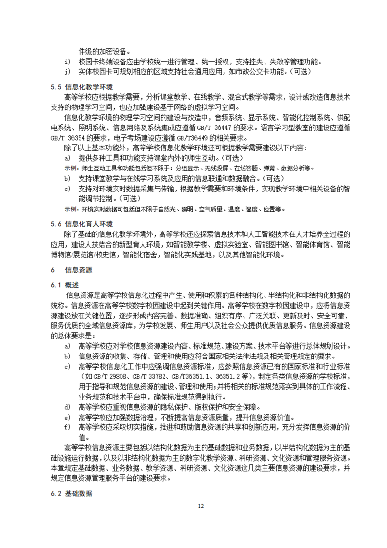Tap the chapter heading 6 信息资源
(71, 270)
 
